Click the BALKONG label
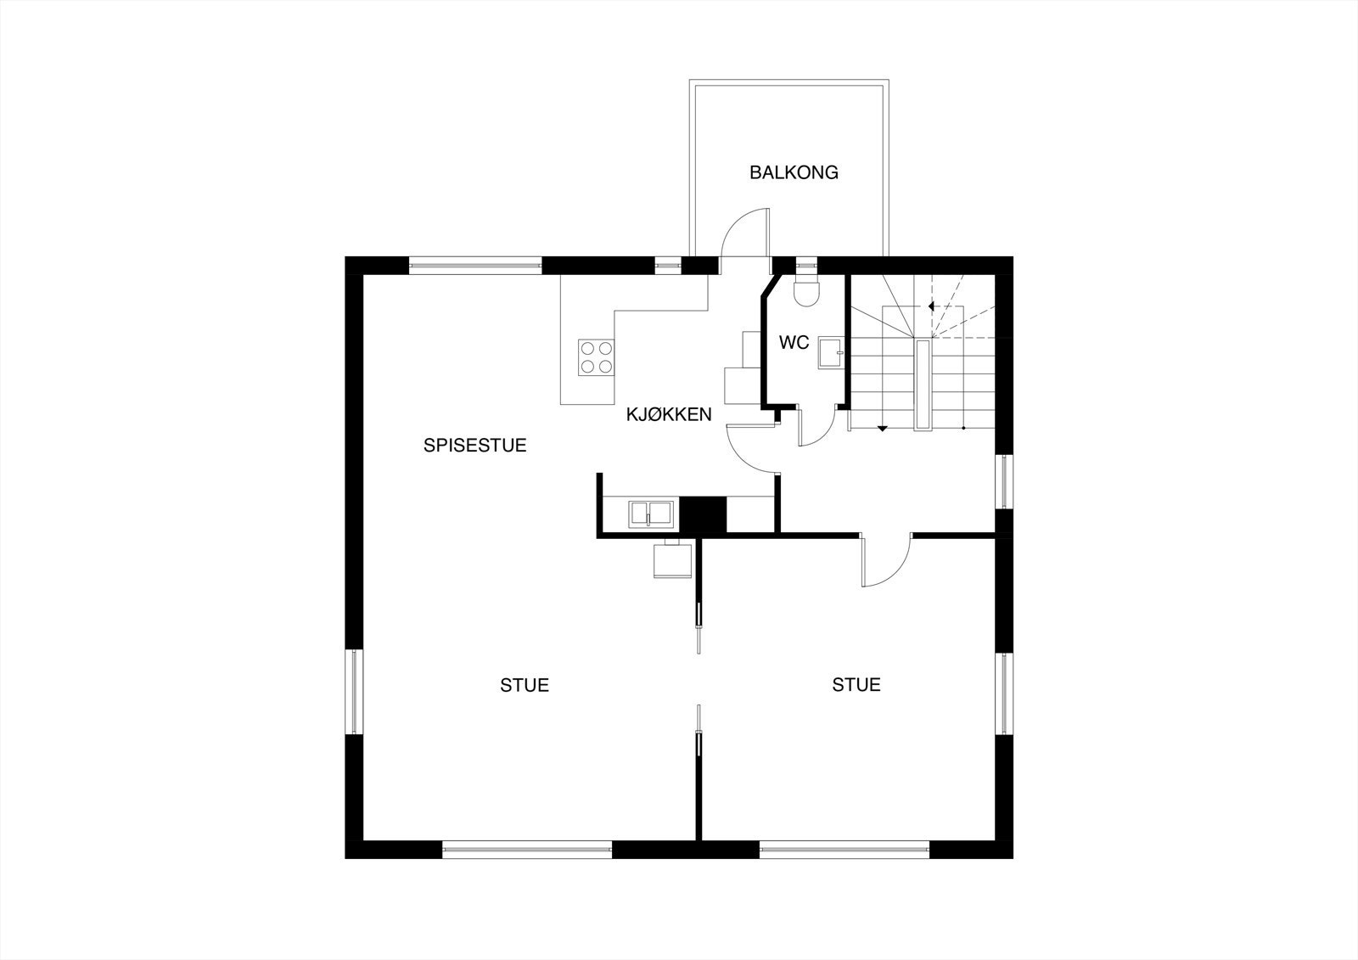794,172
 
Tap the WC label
794,343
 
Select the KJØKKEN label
668,414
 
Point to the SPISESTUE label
475,445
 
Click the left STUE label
525,685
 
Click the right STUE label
856,684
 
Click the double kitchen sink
651,514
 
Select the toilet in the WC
805,291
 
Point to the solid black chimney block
705,514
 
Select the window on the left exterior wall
354,693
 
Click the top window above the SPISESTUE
475,264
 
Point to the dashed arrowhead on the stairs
931,306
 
